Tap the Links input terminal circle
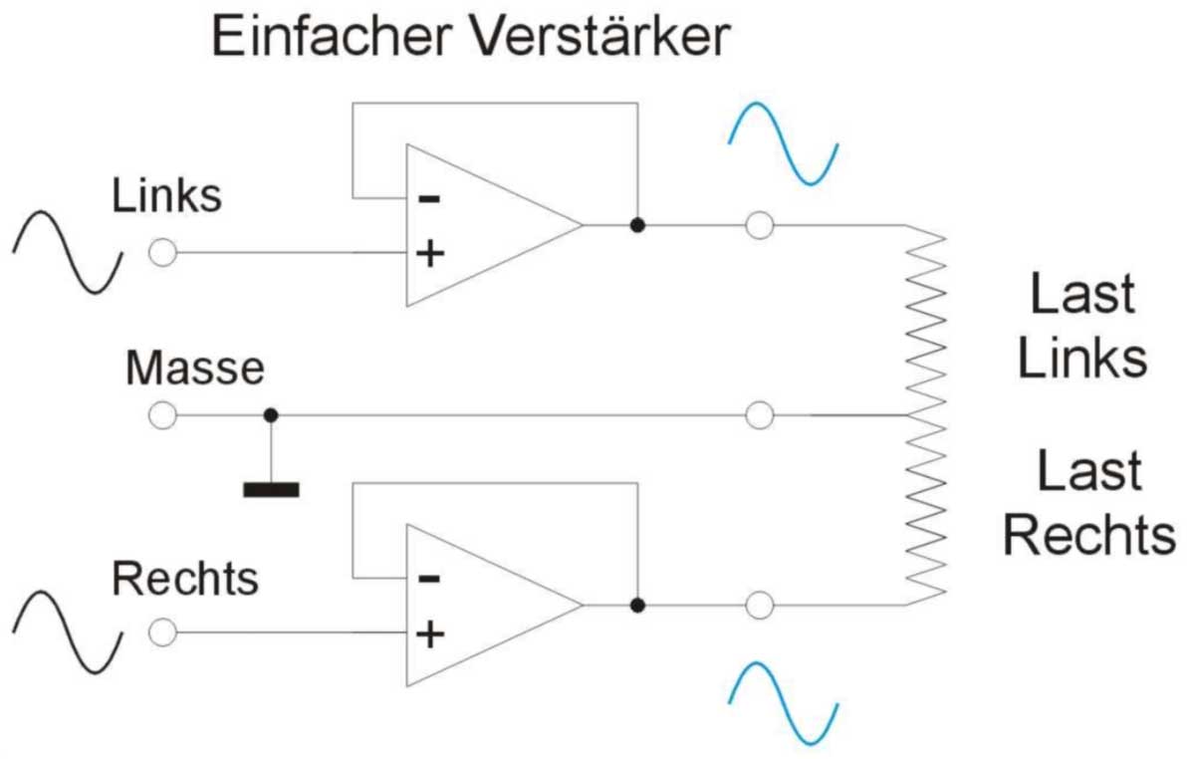click(162, 253)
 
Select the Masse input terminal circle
click(162, 414)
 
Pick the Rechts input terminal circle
click(162, 632)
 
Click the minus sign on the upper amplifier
click(429, 198)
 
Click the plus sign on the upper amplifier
click(429, 253)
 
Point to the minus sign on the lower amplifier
click(429, 578)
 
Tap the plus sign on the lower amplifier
click(429, 632)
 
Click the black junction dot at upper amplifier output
click(637, 226)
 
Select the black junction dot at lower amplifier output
click(637, 605)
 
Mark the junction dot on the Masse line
click(270, 414)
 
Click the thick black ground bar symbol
click(270, 488)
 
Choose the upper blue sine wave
click(785, 142)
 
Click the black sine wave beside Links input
click(68, 252)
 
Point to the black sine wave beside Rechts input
click(68, 632)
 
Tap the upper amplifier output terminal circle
click(760, 226)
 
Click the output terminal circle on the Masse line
click(760, 414)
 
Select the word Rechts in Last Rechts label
click(1088, 535)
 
